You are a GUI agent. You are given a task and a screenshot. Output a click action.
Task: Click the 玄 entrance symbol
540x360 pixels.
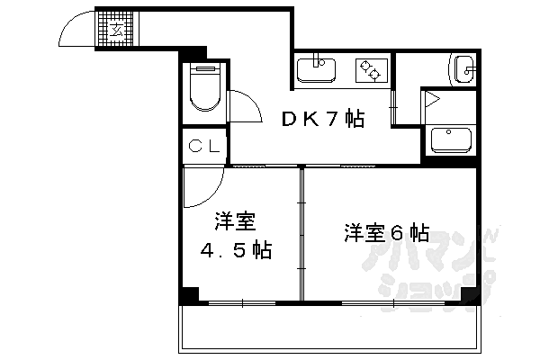click(x=117, y=31)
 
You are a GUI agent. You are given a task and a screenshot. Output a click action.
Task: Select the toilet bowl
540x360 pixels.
click(x=206, y=94)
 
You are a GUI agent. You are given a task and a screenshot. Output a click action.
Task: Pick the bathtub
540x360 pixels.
click(x=452, y=139)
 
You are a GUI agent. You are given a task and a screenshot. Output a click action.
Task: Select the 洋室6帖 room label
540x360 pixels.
click(x=385, y=231)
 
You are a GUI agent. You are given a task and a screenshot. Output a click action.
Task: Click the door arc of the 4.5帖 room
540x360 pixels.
click(x=200, y=189)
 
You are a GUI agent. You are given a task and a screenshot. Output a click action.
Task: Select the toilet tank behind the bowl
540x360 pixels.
click(x=206, y=69)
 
